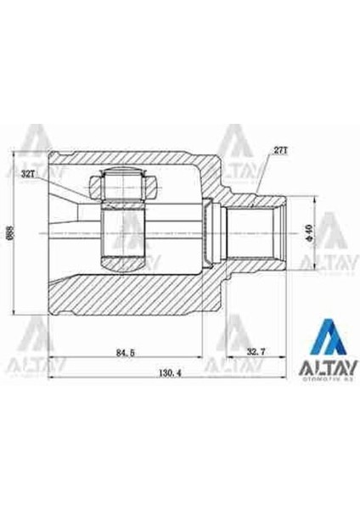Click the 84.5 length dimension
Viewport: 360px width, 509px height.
125,350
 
